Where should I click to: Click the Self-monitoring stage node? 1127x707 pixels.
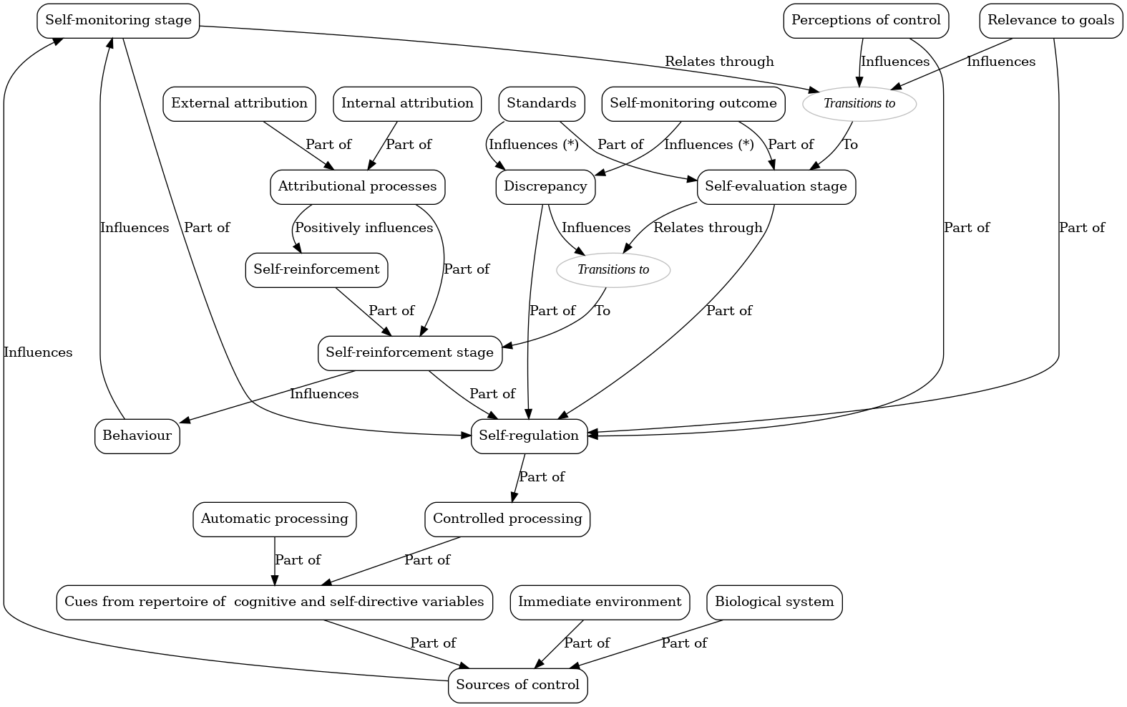tap(118, 20)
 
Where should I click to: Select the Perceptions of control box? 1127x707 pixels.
tap(866, 20)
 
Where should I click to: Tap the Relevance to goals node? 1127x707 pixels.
tap(1050, 20)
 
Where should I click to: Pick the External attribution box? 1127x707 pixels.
tap(239, 103)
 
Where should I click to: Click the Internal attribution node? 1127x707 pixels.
tap(407, 103)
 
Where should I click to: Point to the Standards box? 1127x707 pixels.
tap(541, 103)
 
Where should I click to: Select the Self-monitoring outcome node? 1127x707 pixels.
tap(693, 103)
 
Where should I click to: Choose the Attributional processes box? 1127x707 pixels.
tap(357, 186)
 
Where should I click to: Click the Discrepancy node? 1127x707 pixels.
tap(545, 186)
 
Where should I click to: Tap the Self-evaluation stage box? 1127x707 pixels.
tap(776, 186)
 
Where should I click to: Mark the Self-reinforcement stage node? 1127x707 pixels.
tap(409, 352)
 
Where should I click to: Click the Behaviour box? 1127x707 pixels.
tap(137, 436)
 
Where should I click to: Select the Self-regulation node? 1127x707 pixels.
tap(529, 436)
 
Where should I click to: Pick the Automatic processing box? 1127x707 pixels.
tap(274, 519)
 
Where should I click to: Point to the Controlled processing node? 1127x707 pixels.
tap(507, 519)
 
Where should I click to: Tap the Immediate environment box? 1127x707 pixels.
tap(600, 602)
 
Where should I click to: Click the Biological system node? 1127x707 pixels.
tap(774, 602)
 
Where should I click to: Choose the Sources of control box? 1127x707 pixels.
tap(517, 685)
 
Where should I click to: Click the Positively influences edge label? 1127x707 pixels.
tap(364, 228)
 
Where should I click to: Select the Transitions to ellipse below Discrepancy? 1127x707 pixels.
tap(613, 269)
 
